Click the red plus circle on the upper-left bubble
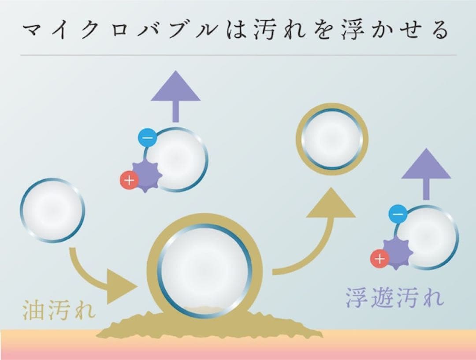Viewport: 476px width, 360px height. click(x=129, y=180)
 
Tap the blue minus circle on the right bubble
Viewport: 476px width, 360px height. click(x=397, y=214)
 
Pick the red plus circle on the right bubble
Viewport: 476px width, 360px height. click(x=379, y=259)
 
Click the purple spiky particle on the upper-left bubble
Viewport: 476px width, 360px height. click(x=147, y=175)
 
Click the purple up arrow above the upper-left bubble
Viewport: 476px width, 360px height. click(x=175, y=95)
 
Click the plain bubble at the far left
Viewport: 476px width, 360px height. click(x=52, y=210)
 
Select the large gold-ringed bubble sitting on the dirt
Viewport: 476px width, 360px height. click(x=205, y=269)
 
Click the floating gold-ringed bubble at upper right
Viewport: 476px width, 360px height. click(x=332, y=139)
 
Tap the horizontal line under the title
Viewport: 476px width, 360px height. click(x=238, y=55)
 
